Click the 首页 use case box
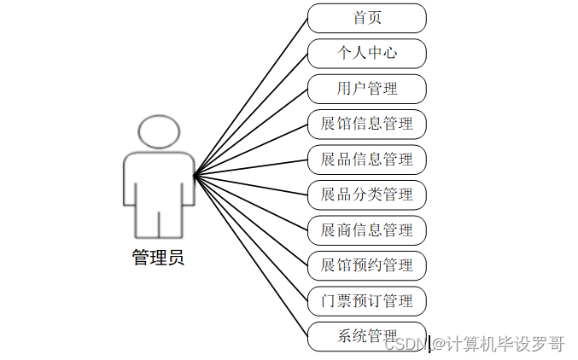(x=366, y=17)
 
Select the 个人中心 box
(x=366, y=53)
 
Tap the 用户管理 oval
(x=366, y=88)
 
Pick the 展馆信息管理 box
(x=366, y=124)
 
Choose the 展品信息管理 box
(x=366, y=159)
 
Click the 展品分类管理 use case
(x=366, y=195)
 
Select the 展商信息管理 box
(x=366, y=230)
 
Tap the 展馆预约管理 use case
(x=366, y=265)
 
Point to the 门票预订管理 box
(x=366, y=301)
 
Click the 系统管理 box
(x=366, y=336)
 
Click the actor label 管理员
(x=158, y=257)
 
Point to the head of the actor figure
(x=159, y=131)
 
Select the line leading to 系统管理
(x=251, y=256)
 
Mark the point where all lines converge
(x=195, y=177)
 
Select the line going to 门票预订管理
(x=251, y=239)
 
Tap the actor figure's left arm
(x=130, y=183)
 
